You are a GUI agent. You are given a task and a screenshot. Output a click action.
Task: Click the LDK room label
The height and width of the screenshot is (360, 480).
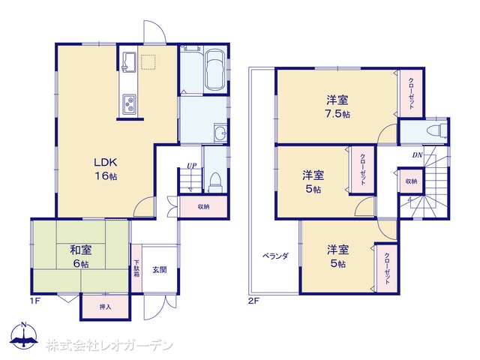point(106,162)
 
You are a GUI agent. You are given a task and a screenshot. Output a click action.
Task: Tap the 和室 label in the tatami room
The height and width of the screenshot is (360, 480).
point(81,250)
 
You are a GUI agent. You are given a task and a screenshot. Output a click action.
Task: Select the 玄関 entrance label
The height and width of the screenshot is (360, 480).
point(160,270)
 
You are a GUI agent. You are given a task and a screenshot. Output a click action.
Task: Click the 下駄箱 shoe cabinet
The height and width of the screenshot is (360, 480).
point(136,268)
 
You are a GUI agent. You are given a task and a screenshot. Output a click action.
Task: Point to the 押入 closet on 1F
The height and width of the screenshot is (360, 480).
point(105,307)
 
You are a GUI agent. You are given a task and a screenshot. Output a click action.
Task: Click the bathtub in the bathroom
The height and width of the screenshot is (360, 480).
point(216,70)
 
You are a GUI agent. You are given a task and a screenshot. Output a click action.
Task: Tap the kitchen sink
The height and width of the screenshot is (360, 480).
point(130,62)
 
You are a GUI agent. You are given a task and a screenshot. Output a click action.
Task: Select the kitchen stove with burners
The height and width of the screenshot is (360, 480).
point(130,104)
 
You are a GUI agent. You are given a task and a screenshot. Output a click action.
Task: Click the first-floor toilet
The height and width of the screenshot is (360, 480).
point(215,182)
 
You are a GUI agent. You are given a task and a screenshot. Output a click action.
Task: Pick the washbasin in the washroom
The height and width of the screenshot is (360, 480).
point(220,133)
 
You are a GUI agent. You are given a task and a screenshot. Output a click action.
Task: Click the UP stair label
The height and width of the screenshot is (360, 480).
point(192,166)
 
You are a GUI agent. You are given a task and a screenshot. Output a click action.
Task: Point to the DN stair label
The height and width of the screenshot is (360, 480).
point(417,155)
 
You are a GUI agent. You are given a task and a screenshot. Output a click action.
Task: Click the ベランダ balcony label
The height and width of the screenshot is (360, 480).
point(275,256)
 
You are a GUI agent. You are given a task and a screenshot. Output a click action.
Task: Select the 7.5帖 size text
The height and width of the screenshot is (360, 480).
point(337,114)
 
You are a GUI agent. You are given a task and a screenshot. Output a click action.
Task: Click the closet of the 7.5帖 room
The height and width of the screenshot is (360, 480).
point(412,93)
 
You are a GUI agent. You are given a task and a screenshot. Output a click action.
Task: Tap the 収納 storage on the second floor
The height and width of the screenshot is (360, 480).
point(411,181)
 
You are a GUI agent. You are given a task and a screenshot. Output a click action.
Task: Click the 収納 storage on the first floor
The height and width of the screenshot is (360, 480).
point(203,207)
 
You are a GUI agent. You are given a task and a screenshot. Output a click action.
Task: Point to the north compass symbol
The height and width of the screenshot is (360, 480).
point(24,335)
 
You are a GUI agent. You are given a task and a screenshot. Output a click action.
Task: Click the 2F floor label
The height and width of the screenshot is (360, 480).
point(253,301)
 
